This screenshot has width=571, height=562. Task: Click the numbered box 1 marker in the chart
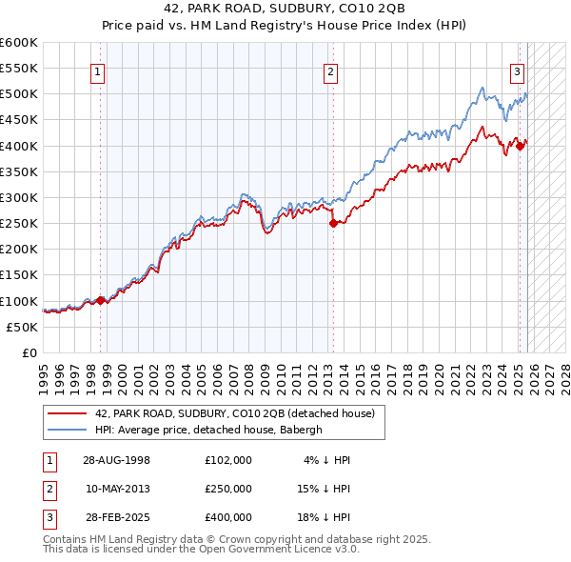coord(99,70)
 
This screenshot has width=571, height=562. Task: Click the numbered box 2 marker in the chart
coord(330,70)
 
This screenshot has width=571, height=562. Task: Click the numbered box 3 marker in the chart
coord(517,70)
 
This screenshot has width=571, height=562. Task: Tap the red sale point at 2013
coord(333,224)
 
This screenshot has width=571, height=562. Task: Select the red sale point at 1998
coord(101,300)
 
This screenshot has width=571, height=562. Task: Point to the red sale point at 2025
coord(521,146)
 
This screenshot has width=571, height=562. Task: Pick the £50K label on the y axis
coord(22,327)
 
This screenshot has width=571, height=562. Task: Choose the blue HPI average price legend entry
coord(208,430)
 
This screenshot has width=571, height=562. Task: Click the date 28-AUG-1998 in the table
coord(116,460)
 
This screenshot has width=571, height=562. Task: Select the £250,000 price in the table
coord(228,489)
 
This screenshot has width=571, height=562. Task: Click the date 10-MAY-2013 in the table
coord(117,489)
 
